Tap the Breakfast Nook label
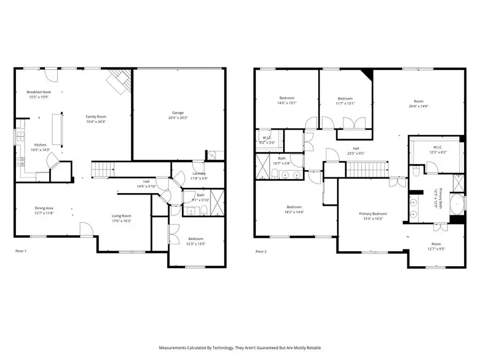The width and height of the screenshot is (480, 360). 39,92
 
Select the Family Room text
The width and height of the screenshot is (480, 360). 97,116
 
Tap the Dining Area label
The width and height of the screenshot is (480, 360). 44,208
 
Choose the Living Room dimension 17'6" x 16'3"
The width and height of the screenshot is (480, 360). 121,221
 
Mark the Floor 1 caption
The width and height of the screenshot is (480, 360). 21,251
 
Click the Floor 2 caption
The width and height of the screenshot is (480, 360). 261,251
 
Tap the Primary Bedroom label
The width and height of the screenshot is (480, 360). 372,214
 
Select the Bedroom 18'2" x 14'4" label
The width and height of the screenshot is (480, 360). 294,207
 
